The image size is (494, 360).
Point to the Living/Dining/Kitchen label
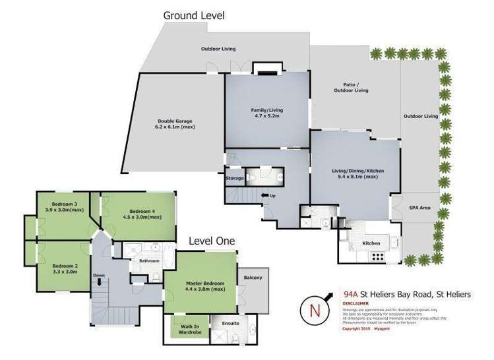[357, 173]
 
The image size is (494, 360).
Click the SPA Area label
[420, 208]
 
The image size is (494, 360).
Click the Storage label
[235, 178]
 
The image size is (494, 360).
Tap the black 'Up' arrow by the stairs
[264, 195]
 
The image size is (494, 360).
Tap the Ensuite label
[230, 324]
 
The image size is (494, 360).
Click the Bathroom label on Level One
[149, 261]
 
